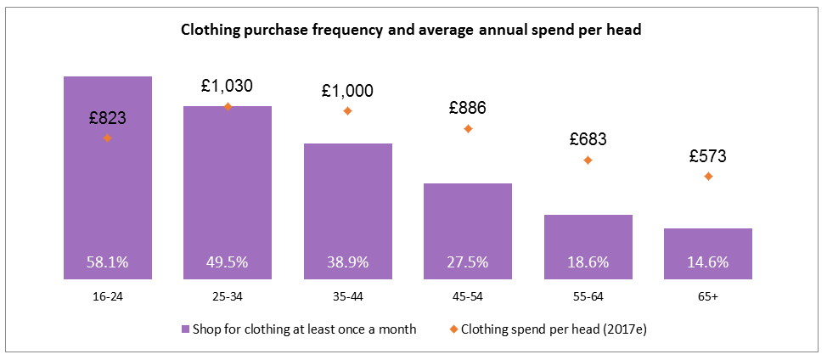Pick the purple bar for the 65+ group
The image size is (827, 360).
(708, 253)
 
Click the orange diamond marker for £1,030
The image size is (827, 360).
(228, 106)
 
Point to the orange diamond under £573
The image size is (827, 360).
(708, 177)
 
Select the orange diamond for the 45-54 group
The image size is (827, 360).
(468, 129)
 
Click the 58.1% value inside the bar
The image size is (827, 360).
(108, 262)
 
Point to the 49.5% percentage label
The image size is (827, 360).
(228, 262)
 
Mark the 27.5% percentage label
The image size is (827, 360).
(468, 262)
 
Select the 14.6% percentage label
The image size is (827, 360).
(708, 262)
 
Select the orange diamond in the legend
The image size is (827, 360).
(453, 329)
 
